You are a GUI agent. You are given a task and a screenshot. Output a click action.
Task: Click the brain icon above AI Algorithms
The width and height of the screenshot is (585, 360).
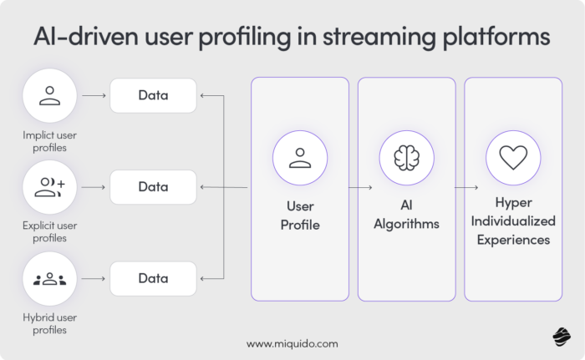pos(406,158)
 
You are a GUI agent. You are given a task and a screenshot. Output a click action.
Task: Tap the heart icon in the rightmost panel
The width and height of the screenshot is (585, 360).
pos(512,158)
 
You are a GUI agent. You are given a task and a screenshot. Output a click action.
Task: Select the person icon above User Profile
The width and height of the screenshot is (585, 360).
pos(299,158)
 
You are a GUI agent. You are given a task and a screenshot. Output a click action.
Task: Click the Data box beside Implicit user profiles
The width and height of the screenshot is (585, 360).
pos(153,95)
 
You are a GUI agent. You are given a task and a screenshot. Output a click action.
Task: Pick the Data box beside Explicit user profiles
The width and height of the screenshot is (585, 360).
pos(153,187)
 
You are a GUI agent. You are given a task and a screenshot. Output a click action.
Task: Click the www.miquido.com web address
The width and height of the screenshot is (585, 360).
pos(292,343)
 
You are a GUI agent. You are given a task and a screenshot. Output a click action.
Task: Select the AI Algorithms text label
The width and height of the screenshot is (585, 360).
pos(406,215)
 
